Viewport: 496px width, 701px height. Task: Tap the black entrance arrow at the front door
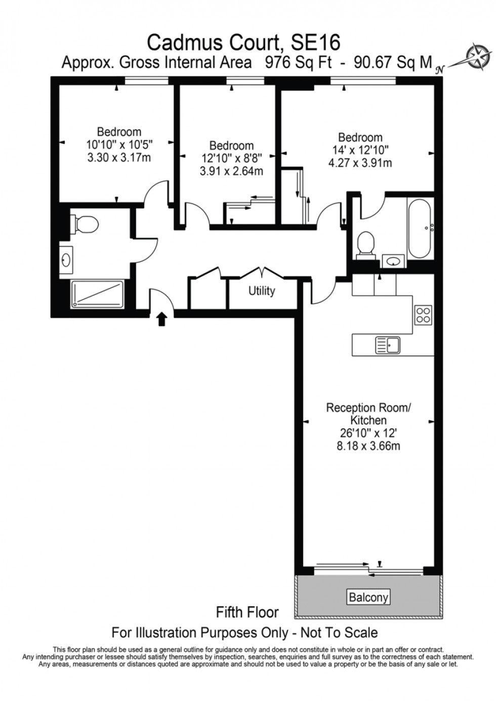point(162,319)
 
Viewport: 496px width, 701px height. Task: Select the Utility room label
point(262,291)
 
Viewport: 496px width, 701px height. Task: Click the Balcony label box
point(368,597)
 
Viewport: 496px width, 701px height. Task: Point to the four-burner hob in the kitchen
point(423,315)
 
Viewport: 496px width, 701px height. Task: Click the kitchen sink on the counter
point(388,345)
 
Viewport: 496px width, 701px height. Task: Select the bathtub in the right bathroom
point(420,228)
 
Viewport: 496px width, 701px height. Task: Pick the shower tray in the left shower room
point(97,295)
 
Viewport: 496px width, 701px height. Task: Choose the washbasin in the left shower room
point(66,261)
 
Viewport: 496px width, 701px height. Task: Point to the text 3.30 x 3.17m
point(119,157)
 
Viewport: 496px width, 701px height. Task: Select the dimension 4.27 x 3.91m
point(360,163)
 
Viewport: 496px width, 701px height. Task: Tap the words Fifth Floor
point(247,612)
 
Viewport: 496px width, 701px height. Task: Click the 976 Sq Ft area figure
point(299,63)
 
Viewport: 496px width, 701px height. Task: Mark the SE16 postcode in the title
point(315,41)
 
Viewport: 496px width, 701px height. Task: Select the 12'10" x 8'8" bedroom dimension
point(231,158)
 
